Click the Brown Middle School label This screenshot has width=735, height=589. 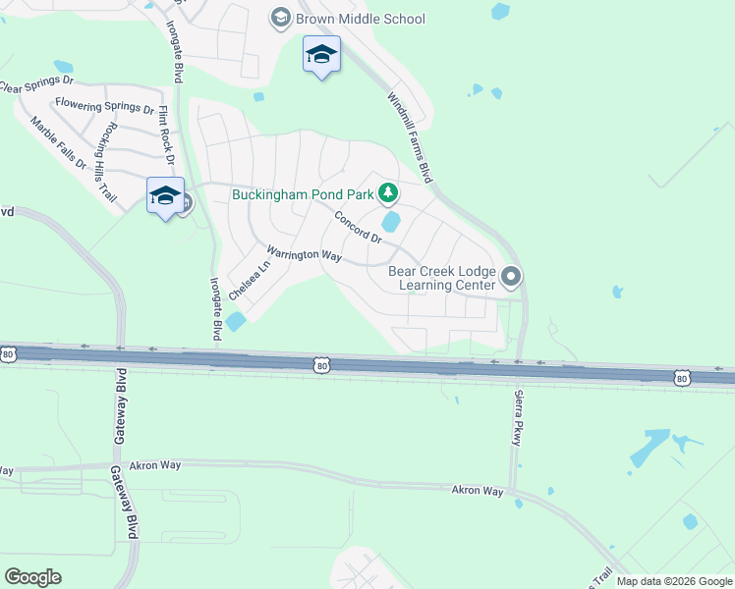tap(361, 19)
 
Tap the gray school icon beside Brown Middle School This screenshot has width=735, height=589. tap(281, 18)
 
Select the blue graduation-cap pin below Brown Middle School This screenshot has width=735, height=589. tap(321, 55)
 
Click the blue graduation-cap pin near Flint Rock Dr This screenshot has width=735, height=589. tap(165, 195)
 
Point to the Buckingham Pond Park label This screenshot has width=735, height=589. tap(303, 193)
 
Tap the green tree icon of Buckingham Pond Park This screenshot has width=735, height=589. tap(388, 191)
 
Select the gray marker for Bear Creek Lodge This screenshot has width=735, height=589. tap(510, 278)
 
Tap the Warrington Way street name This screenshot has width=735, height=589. tap(304, 254)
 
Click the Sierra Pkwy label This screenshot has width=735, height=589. tap(517, 418)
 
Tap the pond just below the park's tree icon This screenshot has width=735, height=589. tap(391, 222)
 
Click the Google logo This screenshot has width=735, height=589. tap(32, 577)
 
